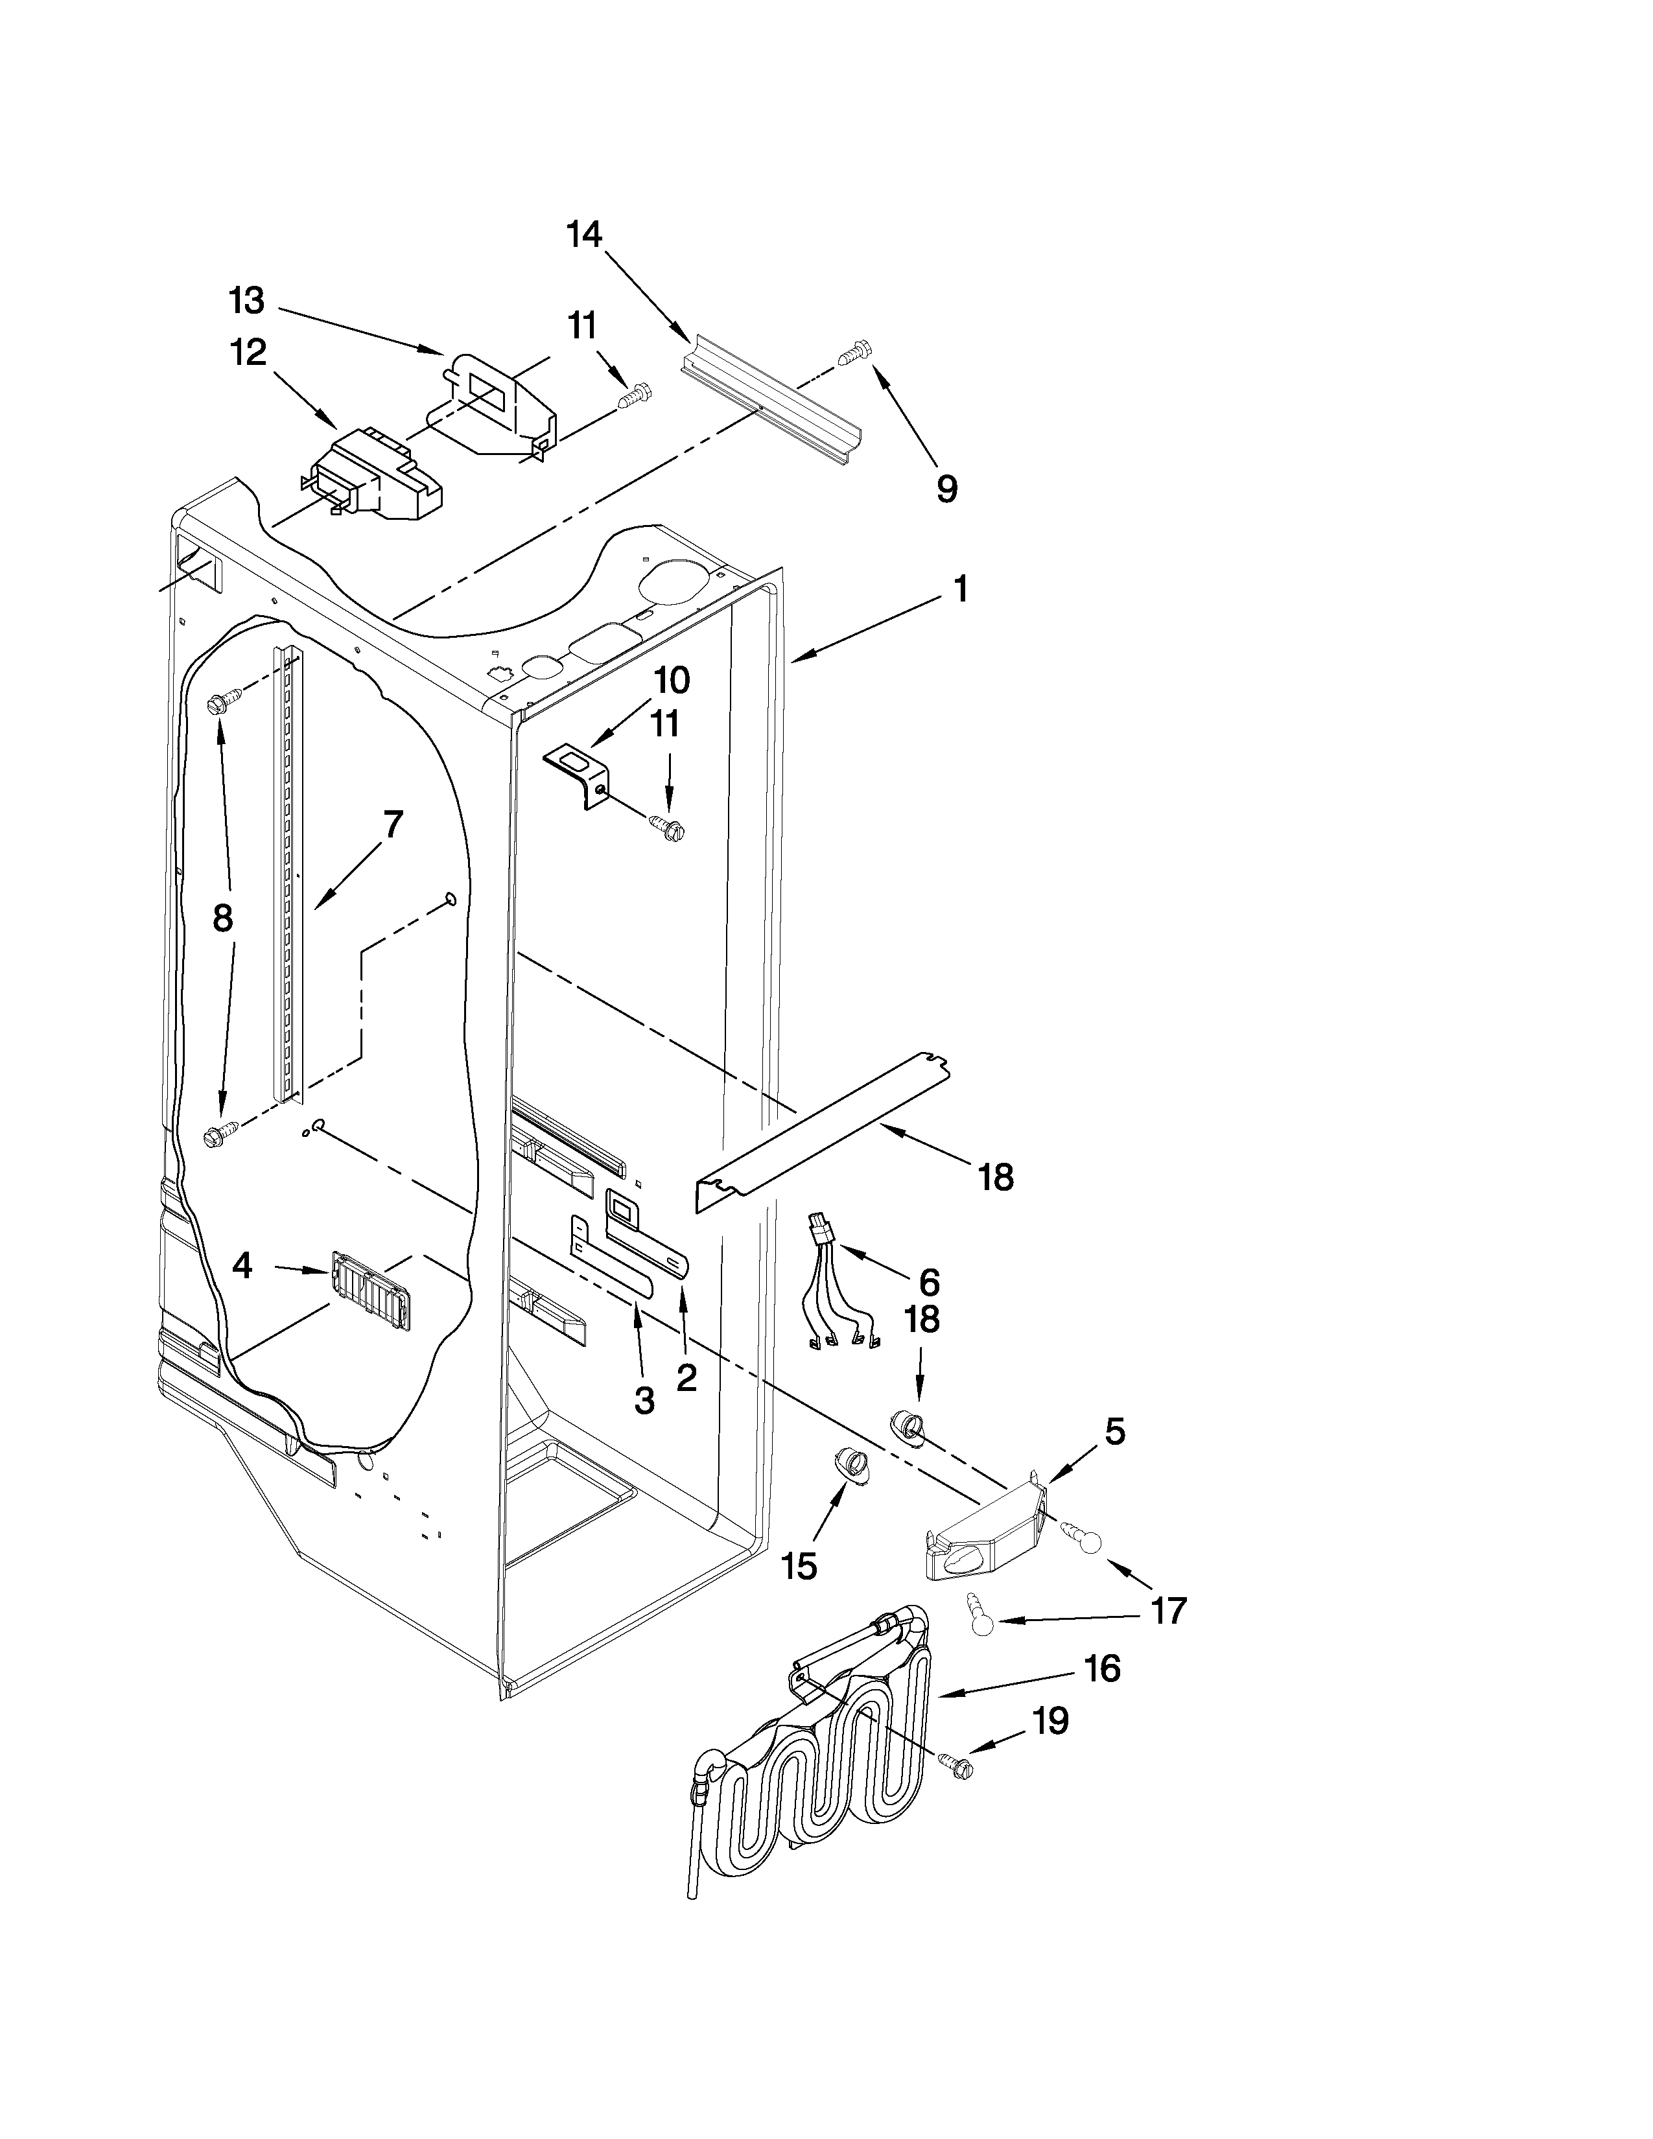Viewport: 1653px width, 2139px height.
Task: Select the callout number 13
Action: pos(247,301)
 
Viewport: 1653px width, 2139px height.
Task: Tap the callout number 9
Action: pos(946,489)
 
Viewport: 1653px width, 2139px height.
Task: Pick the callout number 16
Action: pos(1103,1668)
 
